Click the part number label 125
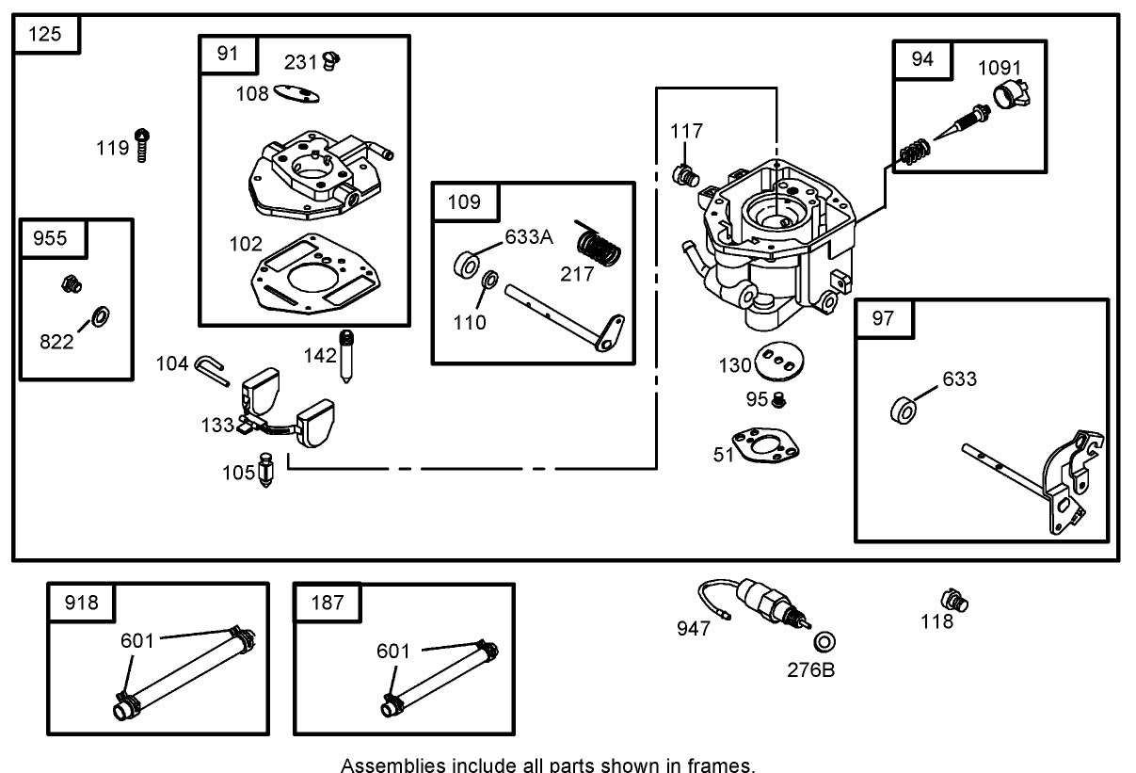pyautogui.click(x=45, y=35)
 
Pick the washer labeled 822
pyautogui.click(x=99, y=314)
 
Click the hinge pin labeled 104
pyautogui.click(x=212, y=368)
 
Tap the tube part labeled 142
pyautogui.click(x=347, y=353)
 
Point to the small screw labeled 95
pyautogui.click(x=778, y=401)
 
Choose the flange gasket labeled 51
pyautogui.click(x=769, y=446)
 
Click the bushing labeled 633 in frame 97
pyautogui.click(x=904, y=411)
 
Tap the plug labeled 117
pyautogui.click(x=686, y=173)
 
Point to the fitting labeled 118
pyautogui.click(x=954, y=599)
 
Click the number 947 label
pyautogui.click(x=695, y=628)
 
